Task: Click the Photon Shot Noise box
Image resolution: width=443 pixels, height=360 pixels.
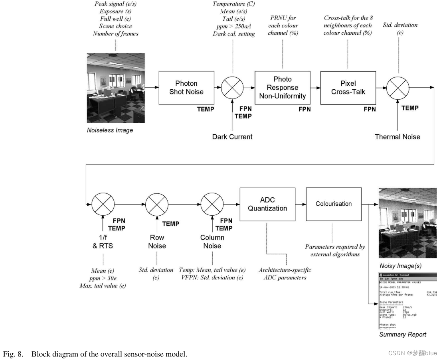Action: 186,88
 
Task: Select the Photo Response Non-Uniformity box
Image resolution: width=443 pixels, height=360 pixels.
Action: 282,88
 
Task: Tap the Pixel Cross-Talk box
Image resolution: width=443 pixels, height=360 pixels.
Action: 348,88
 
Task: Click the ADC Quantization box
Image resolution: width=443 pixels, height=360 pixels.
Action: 267,204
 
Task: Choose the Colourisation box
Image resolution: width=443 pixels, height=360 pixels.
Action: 334,204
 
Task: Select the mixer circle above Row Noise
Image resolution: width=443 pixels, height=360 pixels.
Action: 157,204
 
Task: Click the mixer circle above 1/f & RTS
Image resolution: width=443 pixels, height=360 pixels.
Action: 103,204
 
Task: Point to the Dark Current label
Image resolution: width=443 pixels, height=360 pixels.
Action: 232,137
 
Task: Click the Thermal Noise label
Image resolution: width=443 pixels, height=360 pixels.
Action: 398,137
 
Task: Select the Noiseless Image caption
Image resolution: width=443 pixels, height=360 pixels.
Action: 110,130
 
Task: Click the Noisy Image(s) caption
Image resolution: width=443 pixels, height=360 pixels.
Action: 400,266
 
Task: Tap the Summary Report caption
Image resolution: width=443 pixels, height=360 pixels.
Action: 403,334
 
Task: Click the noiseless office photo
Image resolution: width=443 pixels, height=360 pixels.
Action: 116,88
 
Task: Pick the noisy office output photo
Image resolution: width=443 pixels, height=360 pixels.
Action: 407,223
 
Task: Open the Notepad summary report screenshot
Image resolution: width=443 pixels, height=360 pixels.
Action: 407,301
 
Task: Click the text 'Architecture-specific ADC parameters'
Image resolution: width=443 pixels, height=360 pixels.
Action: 285,273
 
